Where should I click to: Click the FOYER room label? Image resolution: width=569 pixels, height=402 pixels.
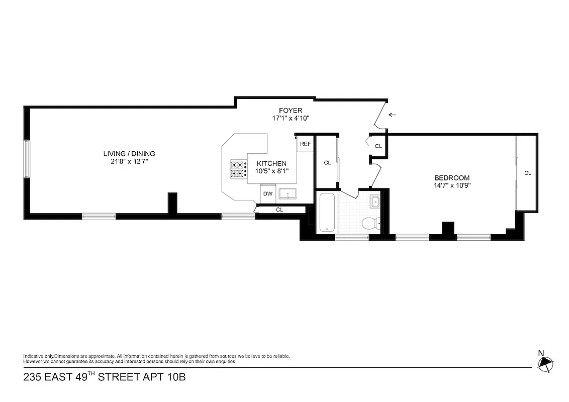(x=291, y=111)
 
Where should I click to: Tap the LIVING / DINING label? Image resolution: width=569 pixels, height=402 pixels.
(x=129, y=154)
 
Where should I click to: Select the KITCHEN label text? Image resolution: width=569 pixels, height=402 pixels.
(x=271, y=163)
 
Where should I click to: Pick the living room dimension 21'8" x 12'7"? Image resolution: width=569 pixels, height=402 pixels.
(x=129, y=161)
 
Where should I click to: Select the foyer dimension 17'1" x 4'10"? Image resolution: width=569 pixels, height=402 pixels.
(x=291, y=118)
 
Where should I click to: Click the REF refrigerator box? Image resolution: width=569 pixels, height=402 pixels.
(x=305, y=144)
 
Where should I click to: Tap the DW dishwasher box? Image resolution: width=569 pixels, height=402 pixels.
(x=267, y=193)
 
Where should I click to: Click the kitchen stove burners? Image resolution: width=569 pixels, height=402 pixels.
(x=239, y=169)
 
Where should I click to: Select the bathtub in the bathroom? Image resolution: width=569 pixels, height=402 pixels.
(x=327, y=212)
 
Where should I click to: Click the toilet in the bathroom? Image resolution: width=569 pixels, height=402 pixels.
(x=370, y=223)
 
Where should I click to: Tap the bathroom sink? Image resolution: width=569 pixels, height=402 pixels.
(x=374, y=202)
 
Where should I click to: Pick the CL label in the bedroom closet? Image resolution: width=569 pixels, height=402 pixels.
(x=527, y=173)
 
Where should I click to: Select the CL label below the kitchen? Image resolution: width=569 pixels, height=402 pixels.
(x=279, y=210)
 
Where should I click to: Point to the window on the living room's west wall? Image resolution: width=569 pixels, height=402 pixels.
(x=27, y=158)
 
